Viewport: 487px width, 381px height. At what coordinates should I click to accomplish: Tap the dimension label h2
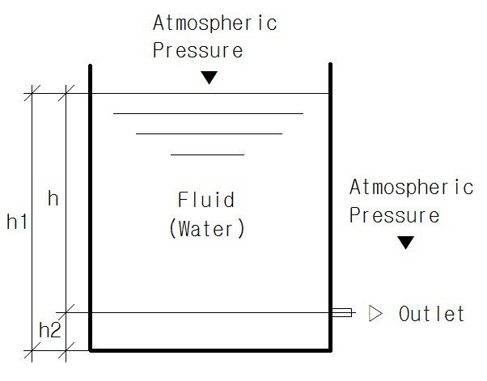pyautogui.click(x=49, y=330)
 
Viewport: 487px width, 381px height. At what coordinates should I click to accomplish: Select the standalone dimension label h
pyautogui.click(x=53, y=199)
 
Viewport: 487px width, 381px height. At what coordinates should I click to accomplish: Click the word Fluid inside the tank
pyautogui.click(x=206, y=200)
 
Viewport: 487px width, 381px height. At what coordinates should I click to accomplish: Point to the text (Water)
pyautogui.click(x=206, y=228)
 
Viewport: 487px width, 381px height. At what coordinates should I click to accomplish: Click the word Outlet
pyautogui.click(x=432, y=314)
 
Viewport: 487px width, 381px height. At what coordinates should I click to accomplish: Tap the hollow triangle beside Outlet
pyautogui.click(x=374, y=313)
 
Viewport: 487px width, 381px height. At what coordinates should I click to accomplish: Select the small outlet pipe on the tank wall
pyautogui.click(x=341, y=313)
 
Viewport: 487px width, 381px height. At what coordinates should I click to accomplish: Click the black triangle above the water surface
pyautogui.click(x=210, y=78)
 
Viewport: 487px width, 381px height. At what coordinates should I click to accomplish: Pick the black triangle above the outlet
pyautogui.click(x=405, y=243)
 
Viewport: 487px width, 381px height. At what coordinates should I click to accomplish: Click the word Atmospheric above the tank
pyautogui.click(x=214, y=23)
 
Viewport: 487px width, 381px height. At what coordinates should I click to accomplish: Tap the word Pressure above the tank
pyautogui.click(x=197, y=50)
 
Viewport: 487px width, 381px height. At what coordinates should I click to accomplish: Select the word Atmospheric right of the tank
pyautogui.click(x=411, y=188)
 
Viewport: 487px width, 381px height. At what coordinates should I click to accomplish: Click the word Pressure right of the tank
pyautogui.click(x=394, y=216)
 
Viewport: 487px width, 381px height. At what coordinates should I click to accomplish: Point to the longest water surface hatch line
pyautogui.click(x=208, y=114)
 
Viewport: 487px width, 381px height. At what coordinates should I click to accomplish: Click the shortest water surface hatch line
pyautogui.click(x=207, y=154)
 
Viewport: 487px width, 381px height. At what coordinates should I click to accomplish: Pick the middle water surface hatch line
pyautogui.click(x=209, y=133)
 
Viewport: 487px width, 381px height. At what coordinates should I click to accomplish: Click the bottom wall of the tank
pyautogui.click(x=210, y=349)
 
